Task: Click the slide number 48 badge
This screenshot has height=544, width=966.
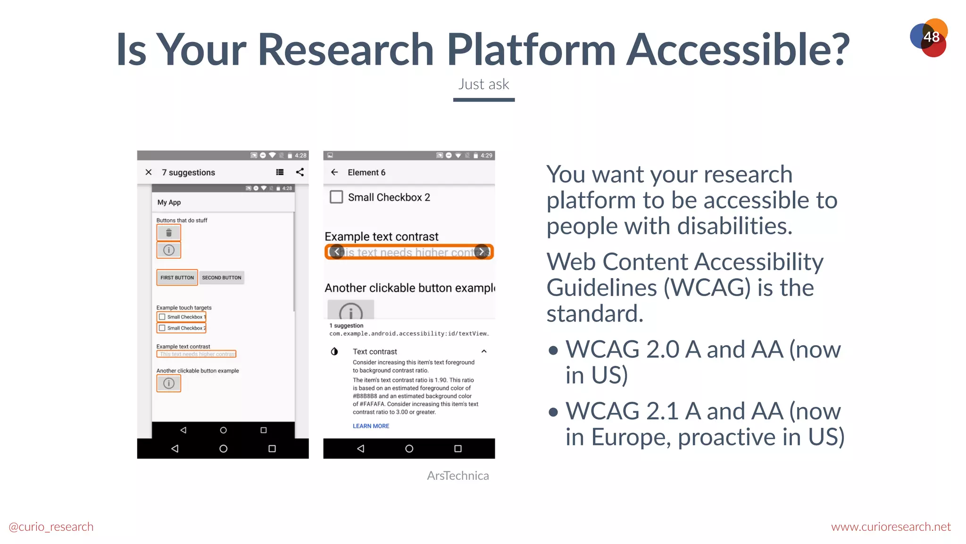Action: [929, 37]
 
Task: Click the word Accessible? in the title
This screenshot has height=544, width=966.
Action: [739, 50]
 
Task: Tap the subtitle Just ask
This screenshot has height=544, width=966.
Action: [483, 84]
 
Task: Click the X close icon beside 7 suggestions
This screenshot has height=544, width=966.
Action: [149, 172]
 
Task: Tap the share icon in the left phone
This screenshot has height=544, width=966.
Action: [300, 172]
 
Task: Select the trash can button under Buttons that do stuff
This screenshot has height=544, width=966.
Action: [169, 232]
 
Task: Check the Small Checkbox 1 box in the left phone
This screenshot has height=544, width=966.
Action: [162, 317]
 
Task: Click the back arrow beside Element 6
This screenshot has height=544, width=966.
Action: [334, 172]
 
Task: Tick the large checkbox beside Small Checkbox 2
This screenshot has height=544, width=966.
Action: [336, 197]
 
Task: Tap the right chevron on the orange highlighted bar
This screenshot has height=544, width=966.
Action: [482, 252]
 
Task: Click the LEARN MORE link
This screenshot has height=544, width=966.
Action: [371, 426]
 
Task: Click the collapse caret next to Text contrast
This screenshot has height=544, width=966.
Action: [484, 351]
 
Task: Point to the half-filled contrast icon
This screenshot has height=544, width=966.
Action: [334, 351]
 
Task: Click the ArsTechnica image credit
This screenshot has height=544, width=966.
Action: [458, 476]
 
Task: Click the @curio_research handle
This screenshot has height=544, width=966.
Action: [51, 527]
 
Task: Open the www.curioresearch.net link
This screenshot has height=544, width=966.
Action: [891, 527]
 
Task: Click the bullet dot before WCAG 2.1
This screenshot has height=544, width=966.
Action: [553, 412]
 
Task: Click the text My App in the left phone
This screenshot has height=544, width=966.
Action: [169, 202]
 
